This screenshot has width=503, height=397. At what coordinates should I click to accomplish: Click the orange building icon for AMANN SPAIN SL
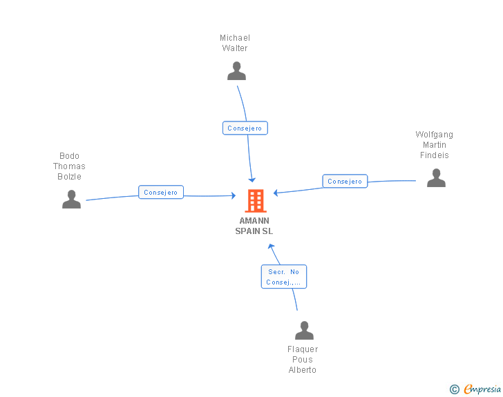tap(256, 201)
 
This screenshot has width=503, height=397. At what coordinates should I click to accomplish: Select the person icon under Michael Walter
tap(237, 71)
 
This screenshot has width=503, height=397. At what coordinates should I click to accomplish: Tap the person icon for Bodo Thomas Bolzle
tap(72, 199)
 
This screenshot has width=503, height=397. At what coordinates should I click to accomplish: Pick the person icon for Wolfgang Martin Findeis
tap(436, 177)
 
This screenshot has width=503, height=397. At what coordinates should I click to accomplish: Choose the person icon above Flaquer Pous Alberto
tap(304, 330)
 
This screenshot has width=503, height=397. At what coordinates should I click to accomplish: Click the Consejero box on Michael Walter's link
tap(245, 128)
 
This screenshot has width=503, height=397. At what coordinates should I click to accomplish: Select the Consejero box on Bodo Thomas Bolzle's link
tap(161, 192)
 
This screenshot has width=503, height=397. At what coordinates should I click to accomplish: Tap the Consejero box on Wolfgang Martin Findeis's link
tap(345, 181)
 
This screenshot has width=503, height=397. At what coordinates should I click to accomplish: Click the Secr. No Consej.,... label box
tap(284, 277)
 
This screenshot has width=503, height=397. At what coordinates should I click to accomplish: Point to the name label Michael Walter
tap(235, 43)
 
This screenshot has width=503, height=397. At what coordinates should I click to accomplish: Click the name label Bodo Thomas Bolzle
tap(69, 166)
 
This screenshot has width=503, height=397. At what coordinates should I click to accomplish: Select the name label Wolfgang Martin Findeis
tap(435, 144)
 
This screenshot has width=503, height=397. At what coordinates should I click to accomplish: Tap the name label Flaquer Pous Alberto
tap(303, 360)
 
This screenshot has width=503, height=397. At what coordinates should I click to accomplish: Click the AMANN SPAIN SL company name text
tap(254, 226)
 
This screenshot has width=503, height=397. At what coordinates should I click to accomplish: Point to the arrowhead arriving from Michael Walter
tap(252, 180)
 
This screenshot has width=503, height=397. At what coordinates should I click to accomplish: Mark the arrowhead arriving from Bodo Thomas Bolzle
tap(234, 195)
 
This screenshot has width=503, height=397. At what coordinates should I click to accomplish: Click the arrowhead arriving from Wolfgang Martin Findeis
tap(276, 193)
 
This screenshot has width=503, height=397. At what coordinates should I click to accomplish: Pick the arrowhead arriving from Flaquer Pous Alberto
tap(271, 246)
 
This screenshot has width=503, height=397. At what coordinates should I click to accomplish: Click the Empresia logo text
tap(482, 389)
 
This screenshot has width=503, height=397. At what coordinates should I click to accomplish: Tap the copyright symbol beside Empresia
tap(455, 389)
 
